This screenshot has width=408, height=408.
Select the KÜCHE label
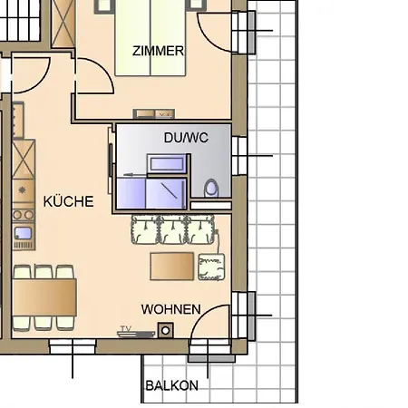68,201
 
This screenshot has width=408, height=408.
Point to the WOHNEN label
170,309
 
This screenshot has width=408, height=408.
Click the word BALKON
171,385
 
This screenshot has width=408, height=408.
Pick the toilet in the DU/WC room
211,189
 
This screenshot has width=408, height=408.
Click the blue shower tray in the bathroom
151,192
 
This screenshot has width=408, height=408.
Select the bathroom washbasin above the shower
169,163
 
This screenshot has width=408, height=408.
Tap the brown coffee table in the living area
172,266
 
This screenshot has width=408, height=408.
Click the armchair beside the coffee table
210,267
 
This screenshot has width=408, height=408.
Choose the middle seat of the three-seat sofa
173,229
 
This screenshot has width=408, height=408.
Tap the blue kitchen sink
22,233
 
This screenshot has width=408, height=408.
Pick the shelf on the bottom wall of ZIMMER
154,113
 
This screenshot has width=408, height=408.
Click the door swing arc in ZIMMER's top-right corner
217,32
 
